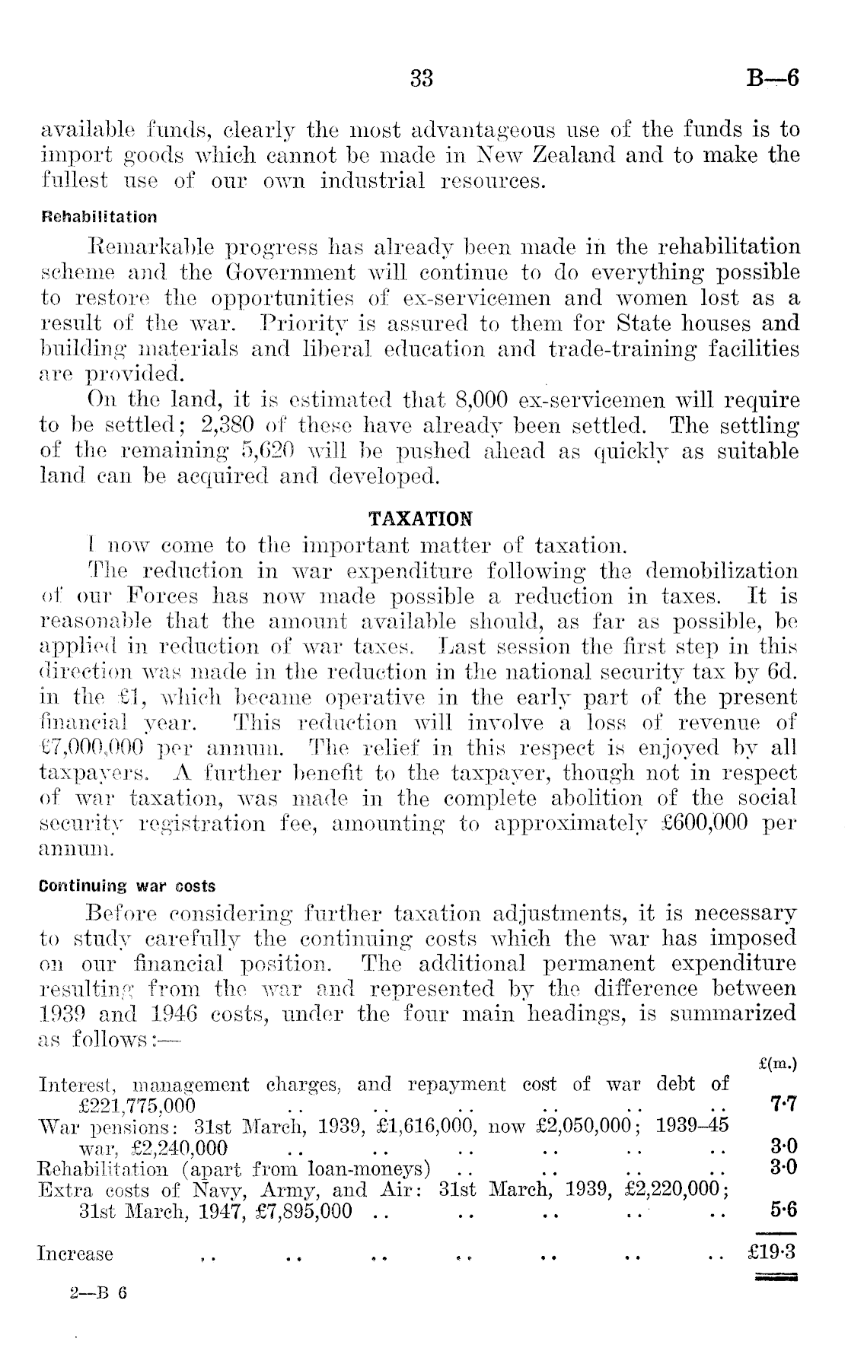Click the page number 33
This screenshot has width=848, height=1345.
(422, 78)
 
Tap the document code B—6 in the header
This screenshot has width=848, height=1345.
(773, 78)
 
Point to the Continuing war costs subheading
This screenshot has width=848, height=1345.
(127, 886)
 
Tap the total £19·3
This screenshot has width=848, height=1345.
(774, 1252)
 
